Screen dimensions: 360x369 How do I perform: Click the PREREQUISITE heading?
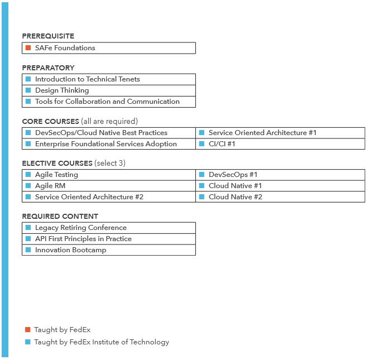pyautogui.click(x=48, y=36)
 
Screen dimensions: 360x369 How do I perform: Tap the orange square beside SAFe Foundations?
pyautogui.click(x=28, y=48)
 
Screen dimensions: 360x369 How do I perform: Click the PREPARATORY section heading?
pyautogui.click(x=48, y=68)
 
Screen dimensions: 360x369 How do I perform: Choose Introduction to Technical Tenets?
pyautogui.click(x=87, y=79)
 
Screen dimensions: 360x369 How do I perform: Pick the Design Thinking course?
pyautogui.click(x=61, y=90)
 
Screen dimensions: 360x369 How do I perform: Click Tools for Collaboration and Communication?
pyautogui.click(x=107, y=102)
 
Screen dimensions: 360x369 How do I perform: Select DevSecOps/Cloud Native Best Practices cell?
pyautogui.click(x=101, y=133)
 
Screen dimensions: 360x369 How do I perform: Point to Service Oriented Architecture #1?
pyautogui.click(x=262, y=133)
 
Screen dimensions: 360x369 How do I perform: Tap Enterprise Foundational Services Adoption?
pyautogui.click(x=106, y=144)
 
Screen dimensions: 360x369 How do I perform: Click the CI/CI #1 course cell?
pyautogui.click(x=222, y=144)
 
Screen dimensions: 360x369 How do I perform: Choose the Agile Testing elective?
pyautogui.click(x=56, y=175)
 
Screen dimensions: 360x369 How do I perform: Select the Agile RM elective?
pyautogui.click(x=50, y=186)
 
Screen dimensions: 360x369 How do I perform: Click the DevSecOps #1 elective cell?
pyautogui.click(x=233, y=175)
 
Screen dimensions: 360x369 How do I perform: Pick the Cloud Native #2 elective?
pyautogui.click(x=235, y=197)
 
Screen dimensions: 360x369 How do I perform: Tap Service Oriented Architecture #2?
pyautogui.click(x=89, y=197)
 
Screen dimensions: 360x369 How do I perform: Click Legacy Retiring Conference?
pyautogui.click(x=80, y=228)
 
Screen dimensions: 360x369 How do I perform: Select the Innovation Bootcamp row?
pyautogui.click(x=70, y=250)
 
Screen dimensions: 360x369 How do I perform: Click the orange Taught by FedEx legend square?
pyautogui.click(x=27, y=330)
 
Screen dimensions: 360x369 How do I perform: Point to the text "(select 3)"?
pyautogui.click(x=110, y=163)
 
